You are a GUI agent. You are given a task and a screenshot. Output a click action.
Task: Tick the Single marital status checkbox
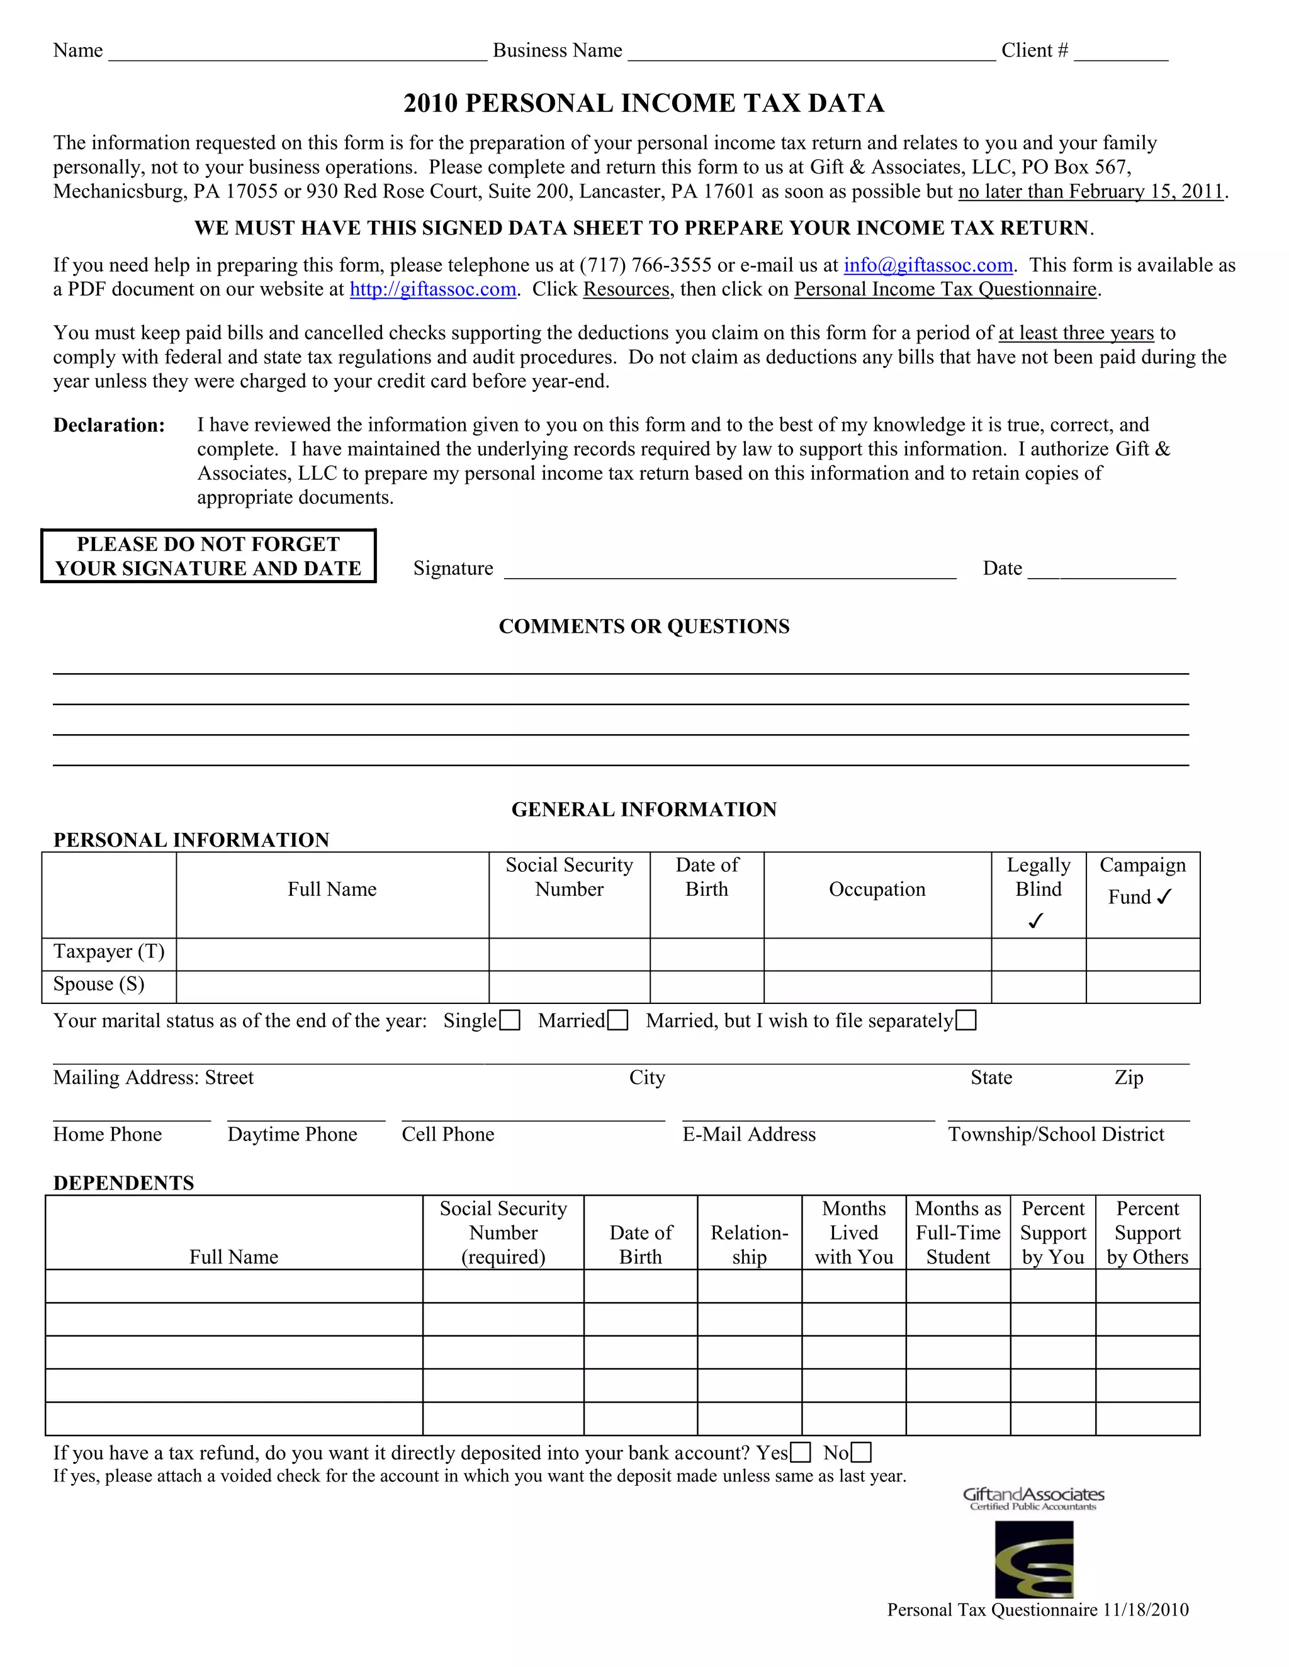pos(510,1020)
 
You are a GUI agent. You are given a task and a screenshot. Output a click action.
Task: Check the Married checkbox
pos(618,1020)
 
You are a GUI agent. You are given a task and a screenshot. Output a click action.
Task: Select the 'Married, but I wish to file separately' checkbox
pos(966,1020)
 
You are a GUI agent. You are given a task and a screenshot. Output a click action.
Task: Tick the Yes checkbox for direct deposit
pos(801,1452)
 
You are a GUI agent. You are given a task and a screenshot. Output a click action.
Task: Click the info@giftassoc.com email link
pos(928,265)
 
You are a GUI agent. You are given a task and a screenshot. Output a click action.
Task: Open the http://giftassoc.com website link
pos(433,290)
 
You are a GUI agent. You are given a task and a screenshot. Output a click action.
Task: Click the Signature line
pos(729,569)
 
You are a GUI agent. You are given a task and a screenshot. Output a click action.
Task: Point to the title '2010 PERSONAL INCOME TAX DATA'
pos(644,103)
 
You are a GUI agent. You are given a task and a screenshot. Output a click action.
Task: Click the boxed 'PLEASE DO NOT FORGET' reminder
pos(208,557)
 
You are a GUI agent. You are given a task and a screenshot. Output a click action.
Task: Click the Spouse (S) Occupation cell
pos(877,987)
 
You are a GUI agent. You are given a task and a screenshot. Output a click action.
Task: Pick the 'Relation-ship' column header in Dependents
pos(749,1245)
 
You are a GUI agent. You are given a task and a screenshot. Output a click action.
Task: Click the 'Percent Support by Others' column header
pos(1147,1233)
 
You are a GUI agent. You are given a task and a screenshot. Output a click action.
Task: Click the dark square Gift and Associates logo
pos(1034,1559)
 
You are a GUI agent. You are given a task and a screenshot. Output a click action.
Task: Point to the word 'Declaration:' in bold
pos(109,426)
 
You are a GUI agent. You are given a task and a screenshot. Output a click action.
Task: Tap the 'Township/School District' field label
pos(1056,1134)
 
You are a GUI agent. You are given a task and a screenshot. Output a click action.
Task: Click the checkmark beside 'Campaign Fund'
pos(1164,897)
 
